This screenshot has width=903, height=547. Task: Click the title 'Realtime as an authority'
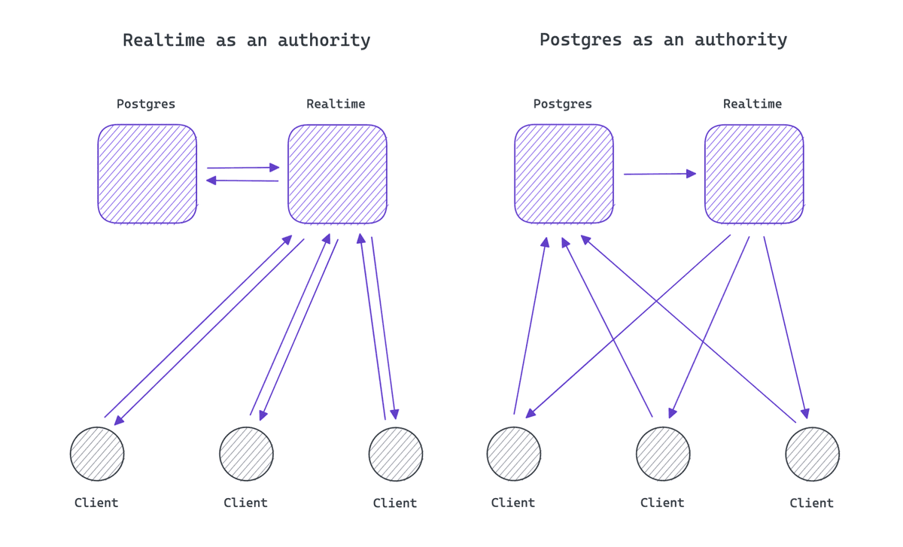(246, 40)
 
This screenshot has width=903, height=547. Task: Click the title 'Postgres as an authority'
(663, 40)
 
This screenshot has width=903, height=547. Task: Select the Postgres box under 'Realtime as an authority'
(147, 174)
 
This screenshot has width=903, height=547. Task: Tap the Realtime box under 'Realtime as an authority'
(337, 174)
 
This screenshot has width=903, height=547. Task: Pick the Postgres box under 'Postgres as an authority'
(564, 174)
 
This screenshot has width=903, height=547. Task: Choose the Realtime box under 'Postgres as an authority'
(754, 174)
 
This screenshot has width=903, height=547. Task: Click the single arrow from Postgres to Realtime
(659, 174)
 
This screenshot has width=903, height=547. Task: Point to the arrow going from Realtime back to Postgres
(242, 181)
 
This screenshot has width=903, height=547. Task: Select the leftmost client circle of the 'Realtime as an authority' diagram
(97, 454)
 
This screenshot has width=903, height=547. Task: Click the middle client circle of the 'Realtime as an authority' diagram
(246, 454)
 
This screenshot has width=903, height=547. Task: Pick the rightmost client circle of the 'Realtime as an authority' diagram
(396, 454)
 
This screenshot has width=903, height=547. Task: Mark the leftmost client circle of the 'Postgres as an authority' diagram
(514, 454)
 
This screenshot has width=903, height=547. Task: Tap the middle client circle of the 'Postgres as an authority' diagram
(663, 454)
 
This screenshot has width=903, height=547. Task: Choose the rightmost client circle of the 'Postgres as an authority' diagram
(812, 454)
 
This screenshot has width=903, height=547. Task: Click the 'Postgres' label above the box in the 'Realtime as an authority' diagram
(146, 104)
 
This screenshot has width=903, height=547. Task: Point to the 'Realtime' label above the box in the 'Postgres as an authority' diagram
(752, 104)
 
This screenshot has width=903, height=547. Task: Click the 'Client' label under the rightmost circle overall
(811, 503)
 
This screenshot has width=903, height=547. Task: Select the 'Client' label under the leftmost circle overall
(96, 503)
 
